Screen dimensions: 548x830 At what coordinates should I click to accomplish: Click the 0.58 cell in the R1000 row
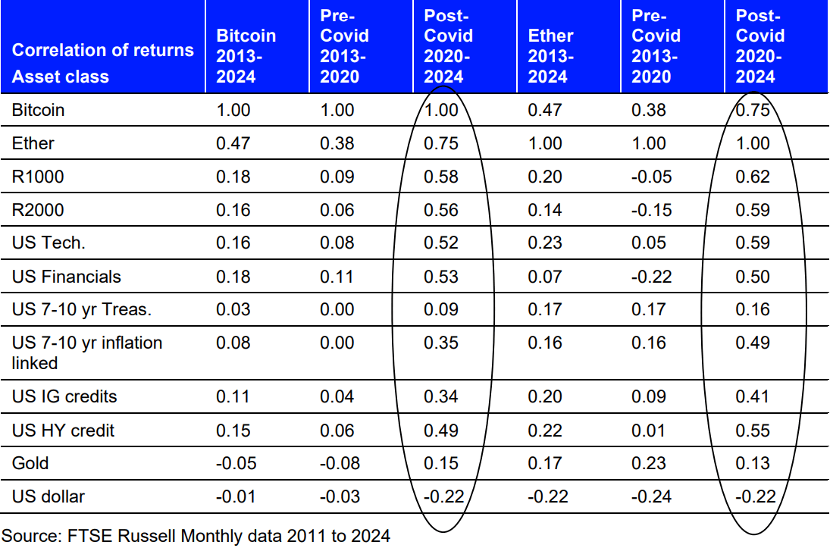click(441, 177)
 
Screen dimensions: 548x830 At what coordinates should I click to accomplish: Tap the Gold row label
click(30, 463)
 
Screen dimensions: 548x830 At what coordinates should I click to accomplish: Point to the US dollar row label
click(49, 496)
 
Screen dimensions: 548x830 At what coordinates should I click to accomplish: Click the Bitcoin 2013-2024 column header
click(246, 56)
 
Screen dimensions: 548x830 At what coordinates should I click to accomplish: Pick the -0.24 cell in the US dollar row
click(651, 496)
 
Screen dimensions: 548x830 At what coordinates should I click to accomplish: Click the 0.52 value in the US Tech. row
click(441, 243)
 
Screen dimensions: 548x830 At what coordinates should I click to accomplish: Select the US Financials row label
click(67, 277)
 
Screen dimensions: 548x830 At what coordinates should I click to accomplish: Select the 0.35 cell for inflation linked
click(441, 343)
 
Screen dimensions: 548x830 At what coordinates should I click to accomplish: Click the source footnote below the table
click(196, 537)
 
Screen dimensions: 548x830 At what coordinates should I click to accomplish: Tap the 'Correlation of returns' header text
click(103, 50)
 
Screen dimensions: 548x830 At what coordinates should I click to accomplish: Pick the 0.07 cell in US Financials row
click(545, 277)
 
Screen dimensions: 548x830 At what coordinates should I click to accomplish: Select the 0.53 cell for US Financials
click(441, 277)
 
